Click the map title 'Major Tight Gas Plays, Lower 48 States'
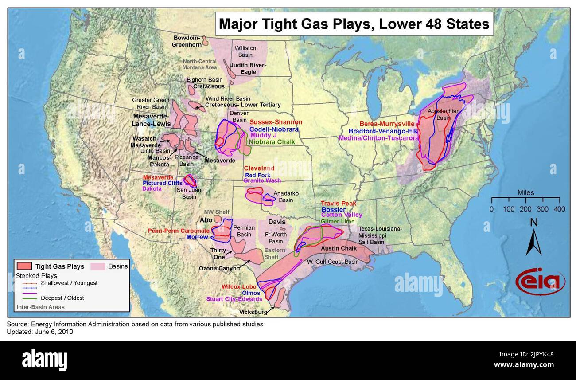point(354,24)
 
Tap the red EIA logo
point(540,282)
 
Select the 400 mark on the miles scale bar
point(559,209)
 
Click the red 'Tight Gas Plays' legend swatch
point(24,266)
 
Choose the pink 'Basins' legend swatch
point(98,266)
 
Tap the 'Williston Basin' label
point(245,51)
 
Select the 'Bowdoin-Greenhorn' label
point(187,41)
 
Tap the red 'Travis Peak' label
point(338,204)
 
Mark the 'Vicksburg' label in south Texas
point(254,312)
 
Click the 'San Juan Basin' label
point(189,193)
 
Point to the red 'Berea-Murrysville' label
point(387,124)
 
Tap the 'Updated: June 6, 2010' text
point(40,332)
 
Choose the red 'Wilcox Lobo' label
point(240,286)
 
